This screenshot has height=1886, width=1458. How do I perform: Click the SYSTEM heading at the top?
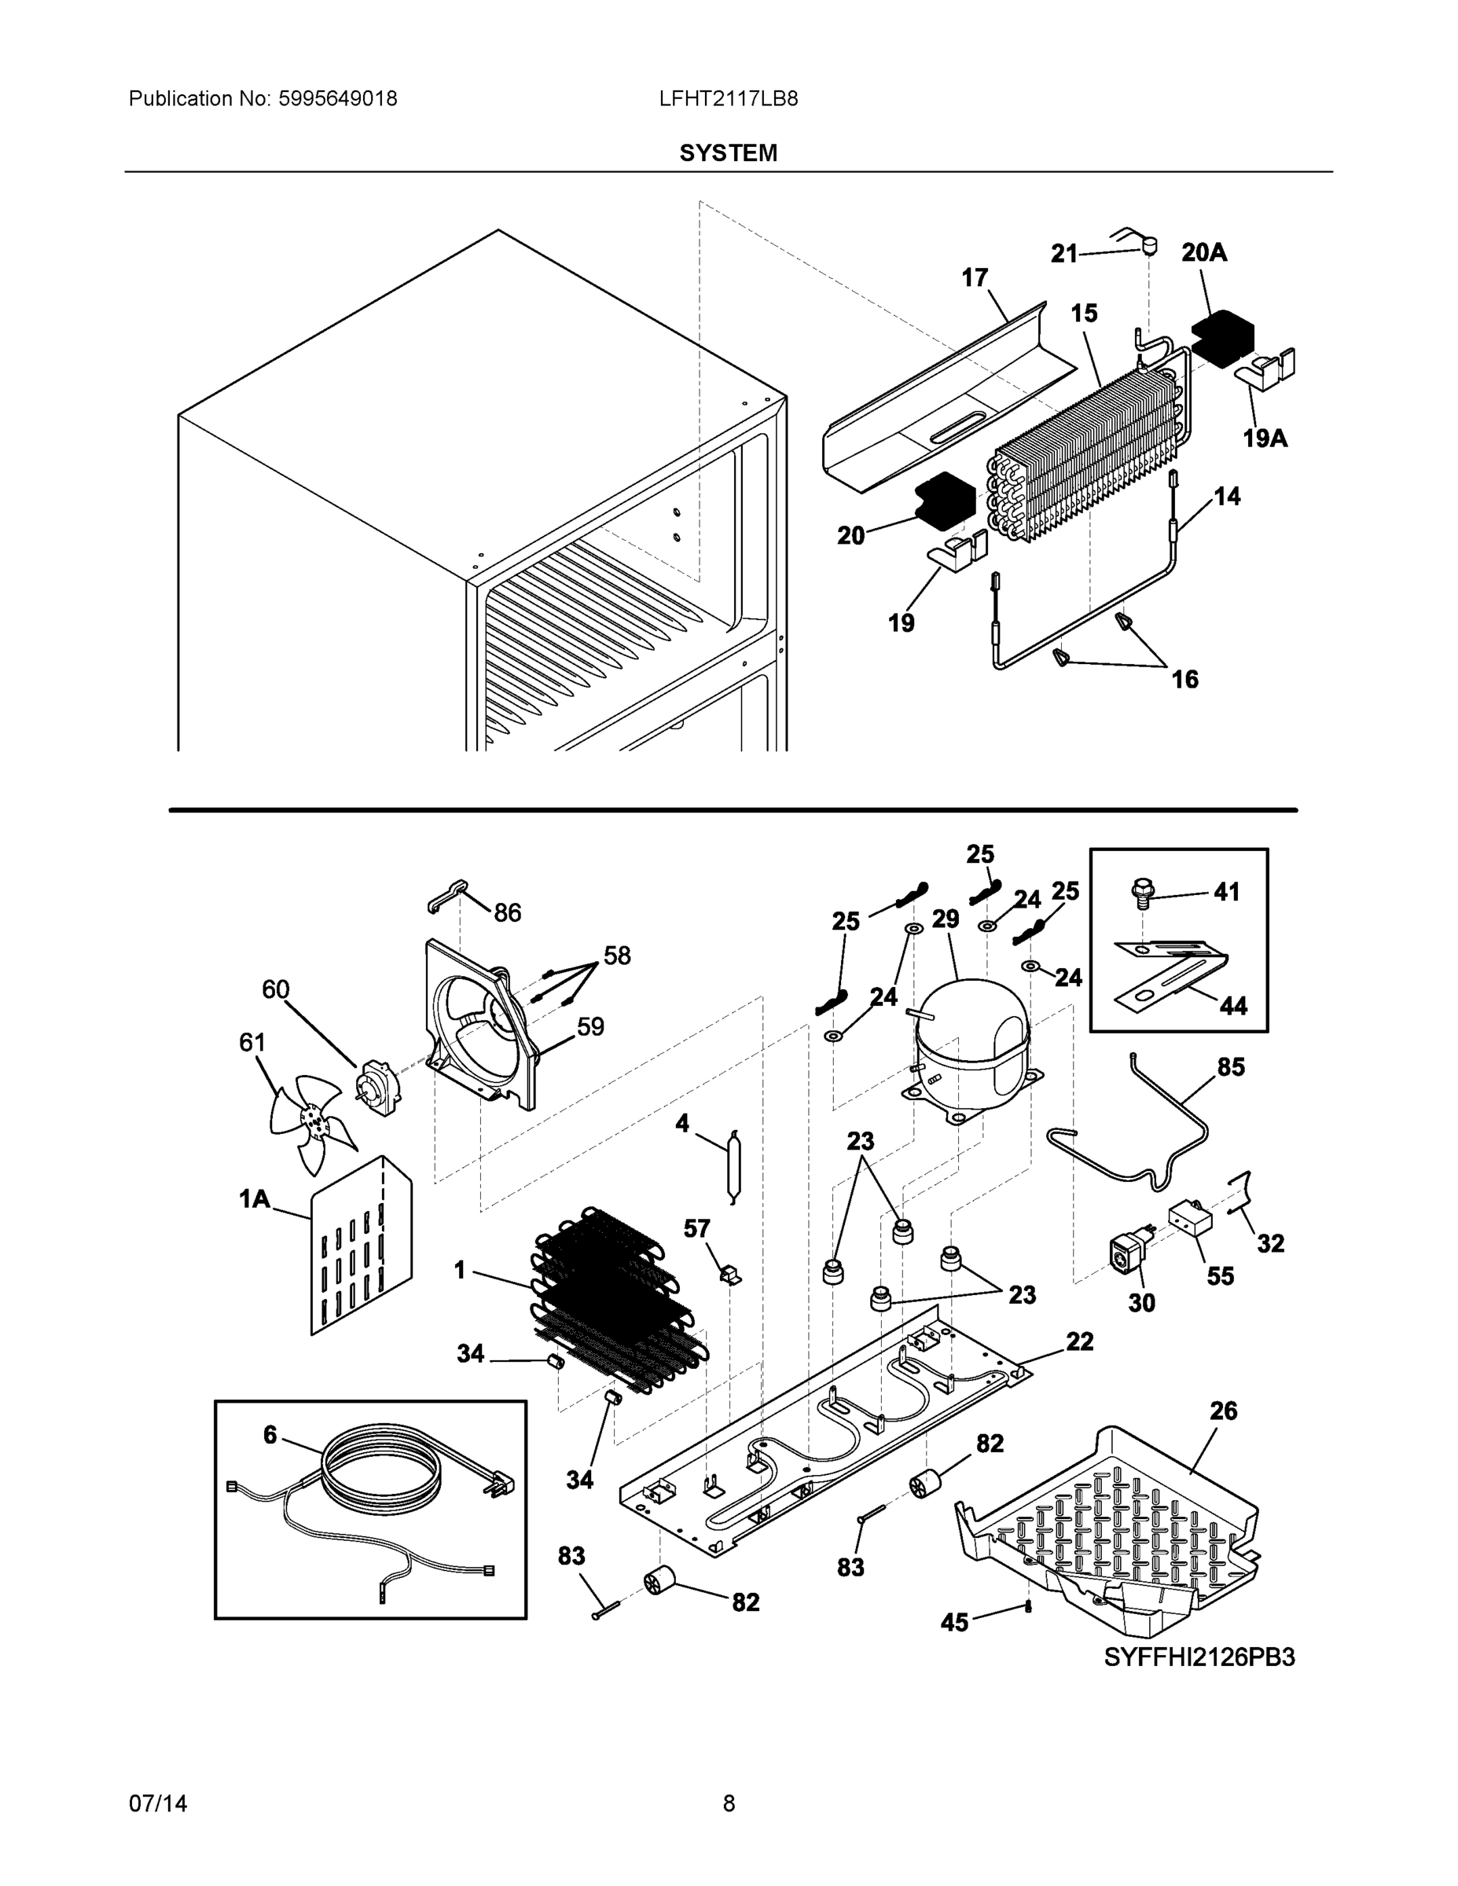coord(728,153)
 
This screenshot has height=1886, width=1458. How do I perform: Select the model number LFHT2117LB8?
coord(728,98)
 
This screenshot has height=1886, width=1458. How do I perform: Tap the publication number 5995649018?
coord(338,98)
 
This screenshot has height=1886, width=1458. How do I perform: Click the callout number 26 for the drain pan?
coord(1223,1411)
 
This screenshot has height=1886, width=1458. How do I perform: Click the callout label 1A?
coord(254,1198)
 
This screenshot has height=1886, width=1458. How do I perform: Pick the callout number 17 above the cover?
coord(975,278)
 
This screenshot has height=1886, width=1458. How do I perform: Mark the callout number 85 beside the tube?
coord(1231,1067)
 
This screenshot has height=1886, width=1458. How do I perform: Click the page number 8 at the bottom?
coord(728,1803)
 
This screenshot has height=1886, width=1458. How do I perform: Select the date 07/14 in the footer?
coord(158,1803)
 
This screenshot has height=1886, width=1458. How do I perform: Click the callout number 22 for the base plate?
coord(1080,1341)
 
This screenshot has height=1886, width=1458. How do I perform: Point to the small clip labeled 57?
coord(730,1275)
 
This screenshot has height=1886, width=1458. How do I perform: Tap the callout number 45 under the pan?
coord(954,1623)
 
